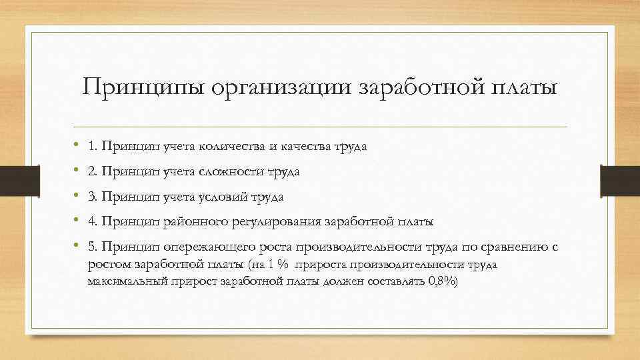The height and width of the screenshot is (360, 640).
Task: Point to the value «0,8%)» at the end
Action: coord(443,281)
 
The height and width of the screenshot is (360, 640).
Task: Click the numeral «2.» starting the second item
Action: coord(92,172)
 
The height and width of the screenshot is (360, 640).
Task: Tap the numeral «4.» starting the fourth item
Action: coord(92,221)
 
